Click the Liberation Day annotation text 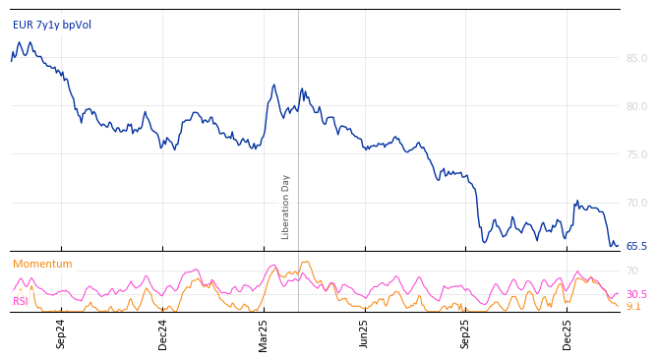[286, 207]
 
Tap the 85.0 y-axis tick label [636, 58]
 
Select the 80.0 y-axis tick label [636, 106]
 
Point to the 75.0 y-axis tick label [636, 154]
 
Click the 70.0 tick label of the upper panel [636, 203]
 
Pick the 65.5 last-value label [636, 246]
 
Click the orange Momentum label [42, 265]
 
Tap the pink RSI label [21, 301]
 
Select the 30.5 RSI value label [636, 295]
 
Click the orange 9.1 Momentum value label [633, 307]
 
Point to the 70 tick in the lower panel [632, 270]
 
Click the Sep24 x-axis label [61, 332]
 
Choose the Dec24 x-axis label [163, 332]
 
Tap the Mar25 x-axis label [264, 332]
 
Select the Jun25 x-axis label [364, 332]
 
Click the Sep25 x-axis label [465, 332]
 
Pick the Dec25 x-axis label [567, 332]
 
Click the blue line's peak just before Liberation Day [274, 85]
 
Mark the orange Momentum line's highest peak [307, 262]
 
